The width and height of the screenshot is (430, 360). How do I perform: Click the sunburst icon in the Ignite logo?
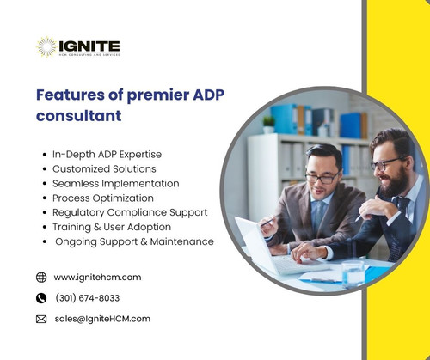coord(46,46)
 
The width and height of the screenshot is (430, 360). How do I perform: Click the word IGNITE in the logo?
coord(89,45)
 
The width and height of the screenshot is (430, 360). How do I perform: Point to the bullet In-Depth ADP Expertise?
coord(107,154)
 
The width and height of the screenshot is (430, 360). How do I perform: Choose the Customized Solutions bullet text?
coord(104,168)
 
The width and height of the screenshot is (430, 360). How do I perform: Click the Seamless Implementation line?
coord(115,183)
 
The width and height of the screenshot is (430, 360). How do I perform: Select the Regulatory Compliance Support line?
coord(130,212)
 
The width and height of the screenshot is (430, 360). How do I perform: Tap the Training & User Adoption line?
coord(112,227)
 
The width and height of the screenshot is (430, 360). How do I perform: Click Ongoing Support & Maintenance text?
coord(133,241)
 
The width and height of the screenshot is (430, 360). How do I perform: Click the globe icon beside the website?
coord(41,278)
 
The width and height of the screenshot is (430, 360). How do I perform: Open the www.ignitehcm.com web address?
coord(97,278)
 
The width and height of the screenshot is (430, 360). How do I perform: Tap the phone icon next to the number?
coord(41,298)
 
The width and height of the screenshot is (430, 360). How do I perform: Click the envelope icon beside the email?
coord(41,319)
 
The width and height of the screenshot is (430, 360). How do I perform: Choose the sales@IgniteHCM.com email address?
coord(101,319)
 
